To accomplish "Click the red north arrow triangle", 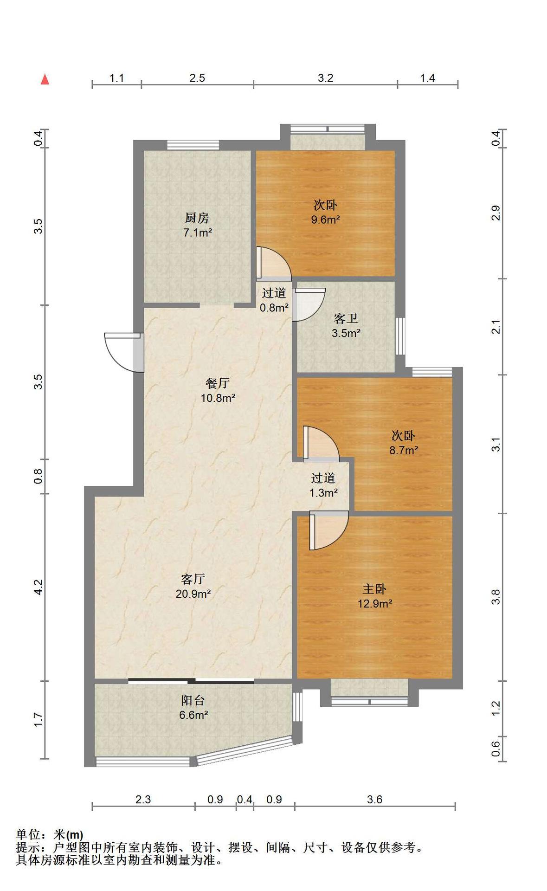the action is click(x=45, y=79).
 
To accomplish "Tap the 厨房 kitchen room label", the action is click(x=197, y=217).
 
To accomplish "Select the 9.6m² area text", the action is click(x=325, y=220).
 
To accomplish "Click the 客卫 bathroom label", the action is click(x=346, y=318).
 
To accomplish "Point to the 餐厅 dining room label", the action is click(x=218, y=383).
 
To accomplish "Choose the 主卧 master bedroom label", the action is click(x=374, y=589).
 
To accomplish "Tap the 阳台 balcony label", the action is click(x=193, y=700).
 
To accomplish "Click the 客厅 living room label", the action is click(x=193, y=579).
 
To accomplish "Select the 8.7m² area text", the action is click(x=404, y=450).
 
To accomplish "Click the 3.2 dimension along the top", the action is click(x=325, y=78).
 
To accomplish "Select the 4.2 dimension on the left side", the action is click(x=39, y=587).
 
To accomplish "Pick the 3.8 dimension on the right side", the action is click(x=496, y=596).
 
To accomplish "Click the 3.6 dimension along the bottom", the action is click(x=374, y=799).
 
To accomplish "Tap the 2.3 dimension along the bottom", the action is click(x=143, y=799).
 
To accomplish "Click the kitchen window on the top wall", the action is click(x=193, y=145).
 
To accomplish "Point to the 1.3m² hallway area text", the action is click(x=323, y=492).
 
